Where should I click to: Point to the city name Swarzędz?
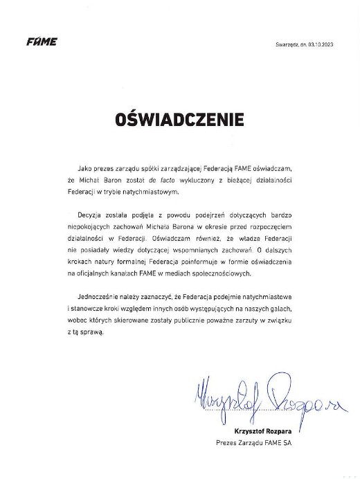point(286,44)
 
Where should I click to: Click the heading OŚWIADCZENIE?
point(180,119)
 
